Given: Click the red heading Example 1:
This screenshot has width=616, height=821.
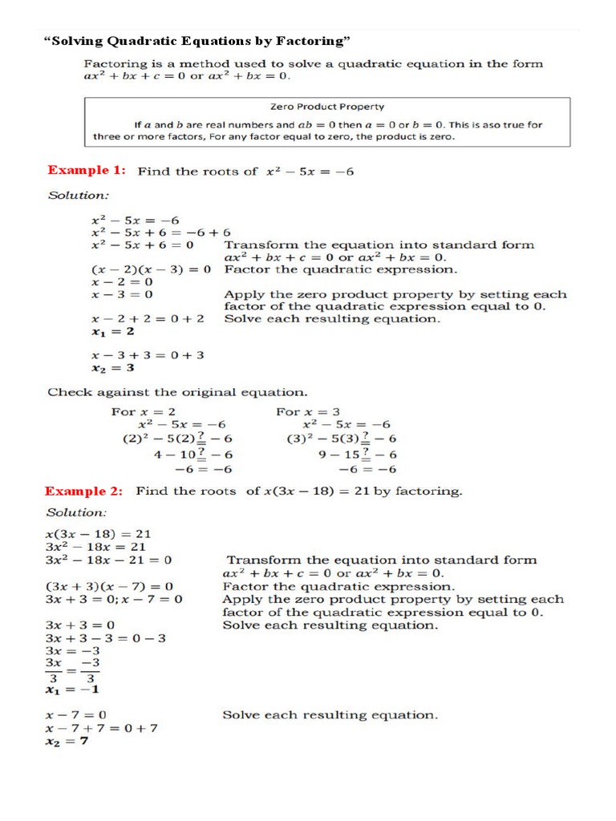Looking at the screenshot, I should pos(87,170).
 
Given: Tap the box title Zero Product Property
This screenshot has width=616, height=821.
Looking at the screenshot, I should pos(327,106).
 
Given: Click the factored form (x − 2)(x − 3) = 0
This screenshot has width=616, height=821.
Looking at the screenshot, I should pos(151,270).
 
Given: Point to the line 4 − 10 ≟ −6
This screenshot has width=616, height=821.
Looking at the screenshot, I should pos(193,454).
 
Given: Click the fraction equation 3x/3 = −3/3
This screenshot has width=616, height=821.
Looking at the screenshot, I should pos(73,669).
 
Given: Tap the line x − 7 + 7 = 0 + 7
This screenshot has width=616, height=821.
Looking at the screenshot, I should pos(101,728).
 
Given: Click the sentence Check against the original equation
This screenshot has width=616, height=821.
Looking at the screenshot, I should pos(177,392).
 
